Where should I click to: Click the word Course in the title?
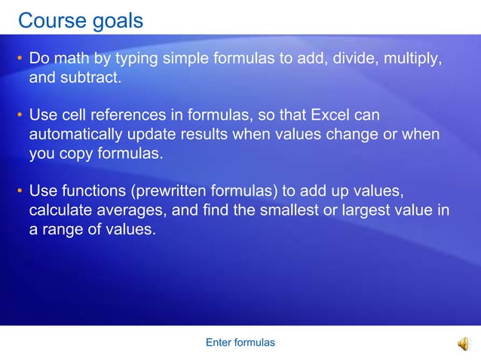click(51, 20)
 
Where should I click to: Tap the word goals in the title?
click(115, 21)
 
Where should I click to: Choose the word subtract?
click(90, 78)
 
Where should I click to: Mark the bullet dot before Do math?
click(20, 59)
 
